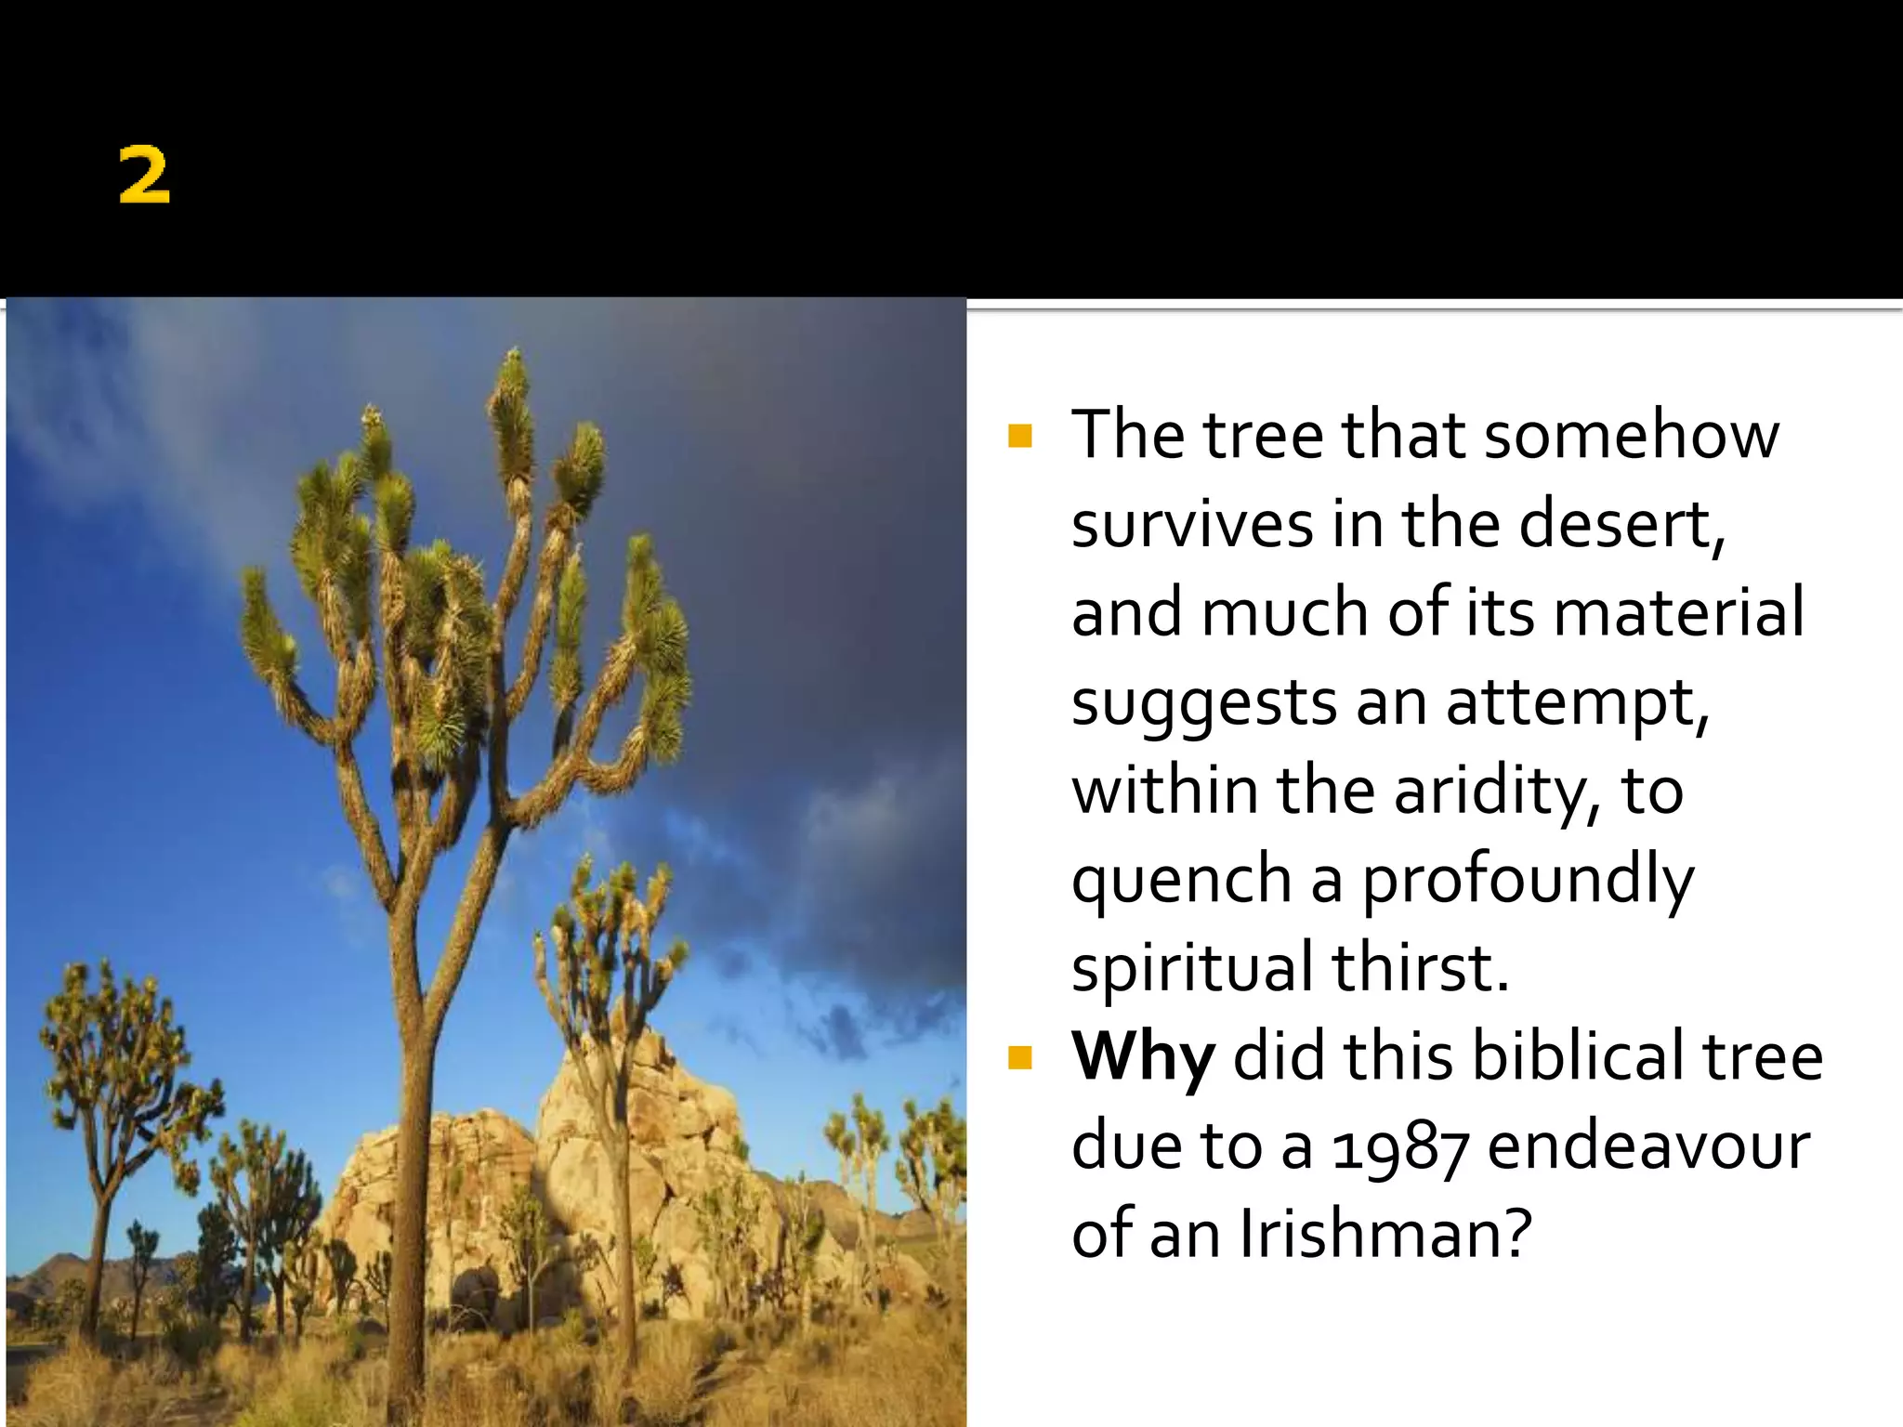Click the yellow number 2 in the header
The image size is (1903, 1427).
pyautogui.click(x=144, y=176)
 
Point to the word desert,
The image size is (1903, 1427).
pyautogui.click(x=1622, y=524)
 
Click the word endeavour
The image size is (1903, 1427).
pyautogui.click(x=1648, y=1146)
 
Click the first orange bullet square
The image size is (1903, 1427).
pyautogui.click(x=1019, y=436)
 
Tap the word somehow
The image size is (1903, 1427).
pyautogui.click(x=1631, y=435)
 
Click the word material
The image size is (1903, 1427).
pyautogui.click(x=1678, y=613)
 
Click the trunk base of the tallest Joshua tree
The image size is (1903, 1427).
pyautogui.click(x=406, y=1375)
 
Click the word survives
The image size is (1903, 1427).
pyautogui.click(x=1191, y=524)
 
